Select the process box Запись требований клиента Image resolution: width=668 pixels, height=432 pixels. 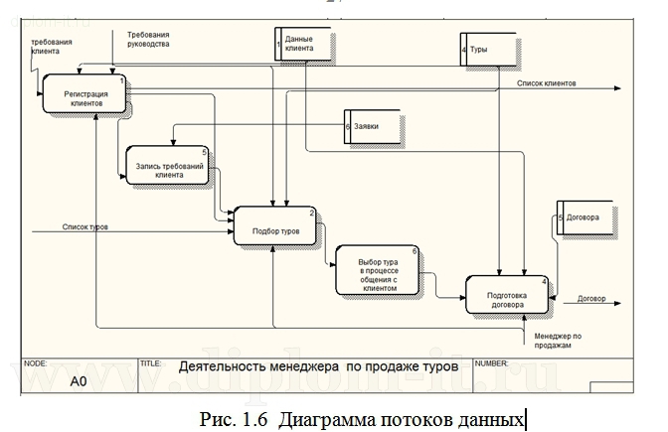(x=169, y=169)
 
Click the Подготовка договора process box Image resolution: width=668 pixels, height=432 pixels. (x=506, y=298)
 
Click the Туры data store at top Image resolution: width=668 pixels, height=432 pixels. (x=487, y=48)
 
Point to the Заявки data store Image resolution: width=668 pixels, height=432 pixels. (x=375, y=128)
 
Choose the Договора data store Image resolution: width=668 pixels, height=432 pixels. (x=584, y=217)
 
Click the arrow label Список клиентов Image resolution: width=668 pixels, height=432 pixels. (x=546, y=83)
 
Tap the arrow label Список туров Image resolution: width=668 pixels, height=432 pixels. (x=84, y=226)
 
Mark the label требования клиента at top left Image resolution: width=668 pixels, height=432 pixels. (x=52, y=47)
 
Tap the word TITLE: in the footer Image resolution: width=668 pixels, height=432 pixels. (x=151, y=362)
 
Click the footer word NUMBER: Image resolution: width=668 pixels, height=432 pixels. (x=493, y=362)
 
